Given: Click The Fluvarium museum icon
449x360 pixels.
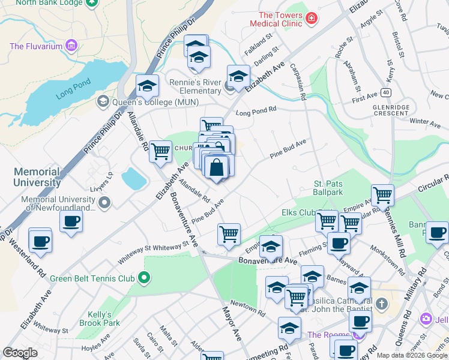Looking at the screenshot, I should [x=71, y=45].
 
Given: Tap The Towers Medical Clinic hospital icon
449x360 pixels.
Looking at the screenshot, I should [x=311, y=19].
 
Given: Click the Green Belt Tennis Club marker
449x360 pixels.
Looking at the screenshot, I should [x=143, y=278].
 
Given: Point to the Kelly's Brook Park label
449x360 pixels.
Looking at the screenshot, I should [x=100, y=319].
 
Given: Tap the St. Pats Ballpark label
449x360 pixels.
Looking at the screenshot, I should [x=328, y=188].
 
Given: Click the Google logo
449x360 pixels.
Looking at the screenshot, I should [x=20, y=353].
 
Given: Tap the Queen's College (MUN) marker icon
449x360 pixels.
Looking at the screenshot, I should [x=102, y=101].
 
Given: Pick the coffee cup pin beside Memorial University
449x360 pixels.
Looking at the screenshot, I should [x=71, y=221].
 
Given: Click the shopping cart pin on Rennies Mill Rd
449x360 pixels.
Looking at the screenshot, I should [x=382, y=194].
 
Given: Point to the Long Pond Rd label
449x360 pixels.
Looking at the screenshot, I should [x=256, y=110].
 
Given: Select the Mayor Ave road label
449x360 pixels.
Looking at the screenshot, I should [x=232, y=325].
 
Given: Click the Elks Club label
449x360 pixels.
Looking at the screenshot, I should [x=298, y=212].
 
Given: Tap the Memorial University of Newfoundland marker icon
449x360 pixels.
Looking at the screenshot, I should [x=105, y=203].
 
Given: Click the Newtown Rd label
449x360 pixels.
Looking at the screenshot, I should [x=247, y=308].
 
